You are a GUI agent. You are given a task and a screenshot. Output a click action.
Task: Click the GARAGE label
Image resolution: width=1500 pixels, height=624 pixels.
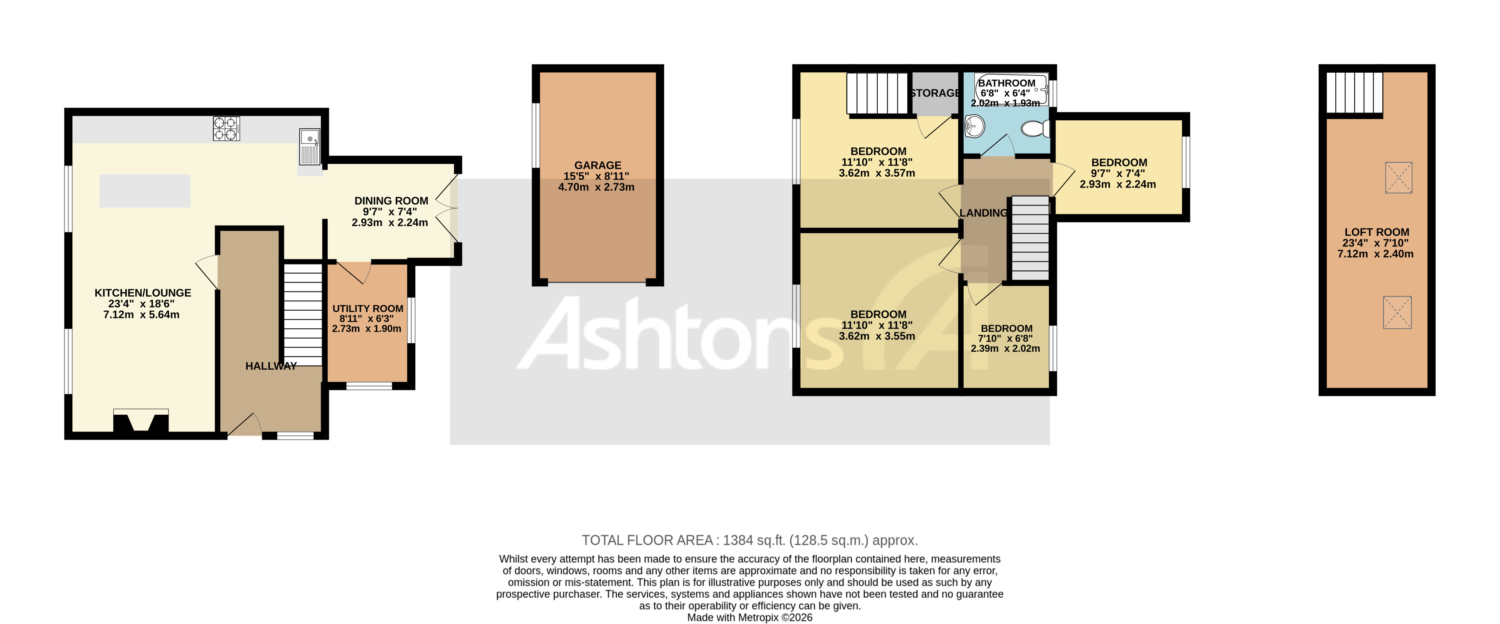[598, 166]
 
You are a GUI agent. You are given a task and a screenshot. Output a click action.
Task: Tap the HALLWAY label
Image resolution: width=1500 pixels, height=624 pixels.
[271, 366]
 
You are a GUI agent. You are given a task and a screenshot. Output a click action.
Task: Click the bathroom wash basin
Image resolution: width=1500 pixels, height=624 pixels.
[974, 125]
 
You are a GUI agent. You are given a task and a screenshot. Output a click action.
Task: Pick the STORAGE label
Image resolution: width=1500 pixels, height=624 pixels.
[935, 93]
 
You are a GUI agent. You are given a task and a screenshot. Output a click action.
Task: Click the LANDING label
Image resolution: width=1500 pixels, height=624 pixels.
[983, 213]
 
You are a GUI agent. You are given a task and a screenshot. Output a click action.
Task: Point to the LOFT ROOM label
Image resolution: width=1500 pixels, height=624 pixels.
[1376, 232]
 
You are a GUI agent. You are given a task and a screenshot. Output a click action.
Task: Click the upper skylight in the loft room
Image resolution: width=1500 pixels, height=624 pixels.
[1398, 177]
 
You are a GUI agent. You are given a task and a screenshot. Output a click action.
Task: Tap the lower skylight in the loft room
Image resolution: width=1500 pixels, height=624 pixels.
[1397, 312]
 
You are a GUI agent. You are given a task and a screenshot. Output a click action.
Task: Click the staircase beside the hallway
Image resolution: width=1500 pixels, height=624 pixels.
[303, 315]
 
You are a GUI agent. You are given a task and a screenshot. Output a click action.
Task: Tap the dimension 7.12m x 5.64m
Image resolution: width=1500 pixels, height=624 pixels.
[142, 315]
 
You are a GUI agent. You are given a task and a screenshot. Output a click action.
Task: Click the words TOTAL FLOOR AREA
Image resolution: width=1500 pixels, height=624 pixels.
[648, 540]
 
